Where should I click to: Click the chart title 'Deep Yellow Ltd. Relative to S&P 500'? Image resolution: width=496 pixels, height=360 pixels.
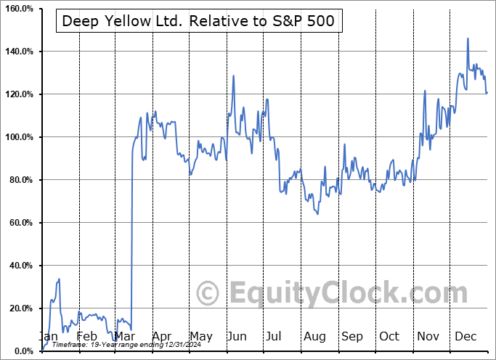pyautogui.click(x=198, y=20)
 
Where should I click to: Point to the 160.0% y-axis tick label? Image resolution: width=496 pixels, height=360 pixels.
pyautogui.click(x=17, y=9)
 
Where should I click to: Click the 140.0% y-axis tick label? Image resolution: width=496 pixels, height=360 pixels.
pyautogui.click(x=17, y=52)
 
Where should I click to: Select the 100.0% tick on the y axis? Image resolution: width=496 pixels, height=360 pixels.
pyautogui.click(x=17, y=137)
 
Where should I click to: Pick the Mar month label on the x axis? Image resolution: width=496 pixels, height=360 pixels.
pyautogui.click(x=125, y=336)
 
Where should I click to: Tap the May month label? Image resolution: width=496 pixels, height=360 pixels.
pyautogui.click(x=200, y=336)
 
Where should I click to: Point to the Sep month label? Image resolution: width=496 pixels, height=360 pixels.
pyautogui.click(x=352, y=336)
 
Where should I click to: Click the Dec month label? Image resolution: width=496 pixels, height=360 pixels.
pyautogui.click(x=465, y=336)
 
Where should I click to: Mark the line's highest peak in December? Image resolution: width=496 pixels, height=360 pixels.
pyautogui.click(x=468, y=38)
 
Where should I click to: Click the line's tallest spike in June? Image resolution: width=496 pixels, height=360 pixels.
pyautogui.click(x=233, y=75)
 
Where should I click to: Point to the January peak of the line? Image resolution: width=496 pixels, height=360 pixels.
pyautogui.click(x=59, y=279)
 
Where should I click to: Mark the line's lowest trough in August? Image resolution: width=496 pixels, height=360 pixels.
pyautogui.click(x=318, y=213)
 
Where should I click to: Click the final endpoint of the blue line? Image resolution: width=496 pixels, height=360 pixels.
pyautogui.click(x=487, y=92)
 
